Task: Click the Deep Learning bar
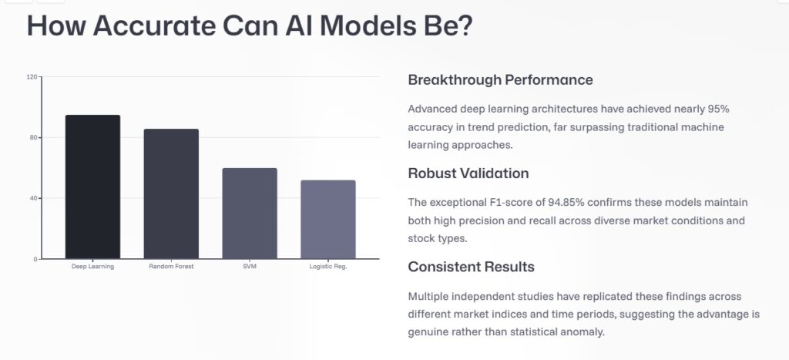(92, 187)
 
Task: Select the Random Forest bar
(171, 193)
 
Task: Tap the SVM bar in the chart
(250, 214)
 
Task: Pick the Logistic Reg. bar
(327, 220)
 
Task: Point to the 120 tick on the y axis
(32, 77)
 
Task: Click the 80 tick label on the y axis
(33, 138)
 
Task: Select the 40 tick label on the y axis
(33, 198)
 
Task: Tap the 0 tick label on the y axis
(35, 259)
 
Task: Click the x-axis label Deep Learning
(92, 267)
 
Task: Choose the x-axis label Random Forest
(171, 267)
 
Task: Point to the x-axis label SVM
(250, 267)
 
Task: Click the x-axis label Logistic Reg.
(327, 267)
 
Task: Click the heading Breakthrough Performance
(500, 80)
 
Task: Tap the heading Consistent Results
(471, 267)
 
